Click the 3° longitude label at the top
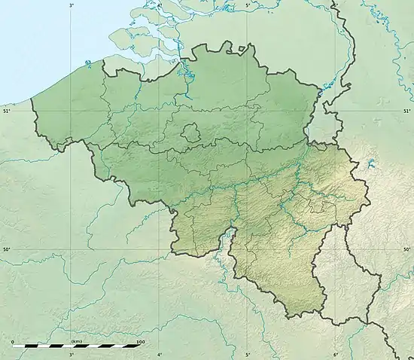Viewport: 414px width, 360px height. click(72, 5)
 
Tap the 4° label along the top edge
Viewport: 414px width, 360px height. click(159, 5)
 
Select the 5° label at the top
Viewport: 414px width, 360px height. click(248, 5)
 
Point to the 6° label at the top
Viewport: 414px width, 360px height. click(336, 5)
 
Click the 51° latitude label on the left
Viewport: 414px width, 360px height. click(7, 111)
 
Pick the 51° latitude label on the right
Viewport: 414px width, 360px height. click(406, 111)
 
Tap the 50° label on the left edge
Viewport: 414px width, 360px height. click(7, 250)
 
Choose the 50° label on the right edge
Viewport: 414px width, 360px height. click(406, 250)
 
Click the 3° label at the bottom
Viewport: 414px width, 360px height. click(72, 354)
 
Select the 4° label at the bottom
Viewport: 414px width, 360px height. click(159, 354)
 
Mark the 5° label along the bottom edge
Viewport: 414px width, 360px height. click(248, 354)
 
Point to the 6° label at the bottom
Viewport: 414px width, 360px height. click(336, 354)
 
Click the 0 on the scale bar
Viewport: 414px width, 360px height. click(13, 342)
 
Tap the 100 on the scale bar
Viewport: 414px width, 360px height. click(139, 342)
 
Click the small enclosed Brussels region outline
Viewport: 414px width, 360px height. click(191, 133)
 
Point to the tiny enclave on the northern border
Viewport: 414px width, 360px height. click(242, 51)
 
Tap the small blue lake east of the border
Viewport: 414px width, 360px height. click(371, 163)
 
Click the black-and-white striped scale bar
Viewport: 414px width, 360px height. click(76, 347)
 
